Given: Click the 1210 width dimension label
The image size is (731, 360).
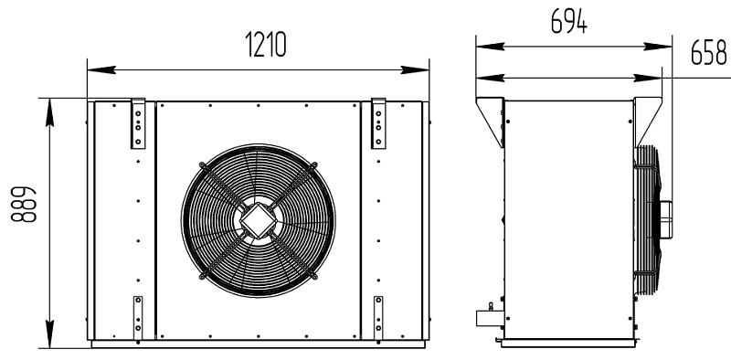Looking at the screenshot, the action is tap(266, 46).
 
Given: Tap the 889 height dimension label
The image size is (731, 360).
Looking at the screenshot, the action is tap(24, 205).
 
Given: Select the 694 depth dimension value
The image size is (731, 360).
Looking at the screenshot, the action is tap(568, 21).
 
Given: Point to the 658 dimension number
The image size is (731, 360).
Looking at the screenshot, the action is tap(708, 52).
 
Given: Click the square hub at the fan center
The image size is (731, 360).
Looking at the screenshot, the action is tap(258, 220).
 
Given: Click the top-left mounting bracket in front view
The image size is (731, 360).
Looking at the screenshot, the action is tap(138, 123).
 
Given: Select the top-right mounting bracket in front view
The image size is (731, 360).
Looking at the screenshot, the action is tap(378, 123).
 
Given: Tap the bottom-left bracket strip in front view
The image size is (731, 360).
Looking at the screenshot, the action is tap(138, 318).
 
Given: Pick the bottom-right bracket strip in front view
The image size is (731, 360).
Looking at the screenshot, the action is tap(378, 318).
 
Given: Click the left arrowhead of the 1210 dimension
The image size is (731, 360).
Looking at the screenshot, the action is tap(101, 70).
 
